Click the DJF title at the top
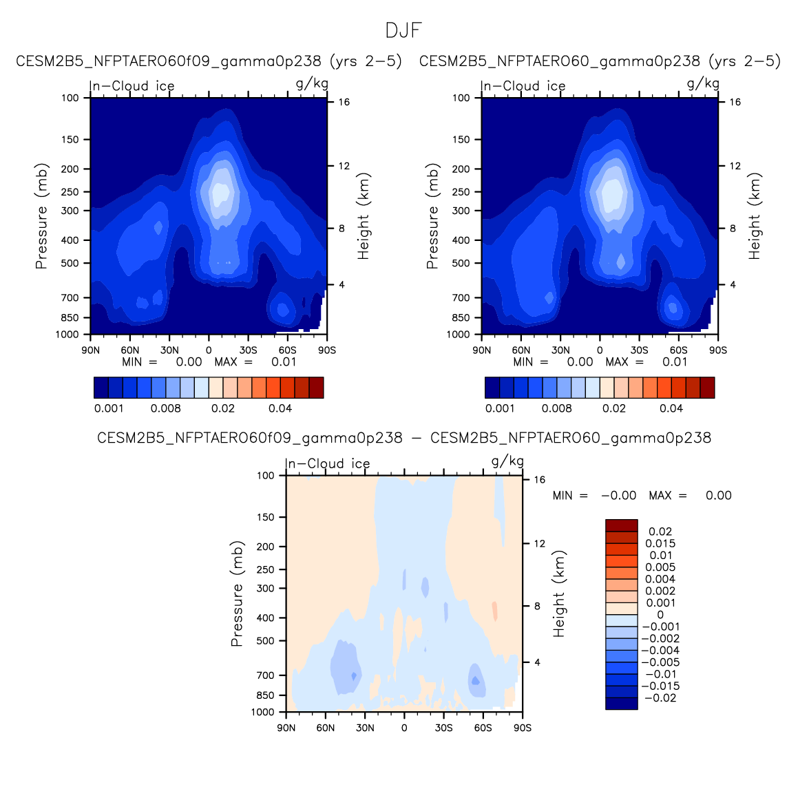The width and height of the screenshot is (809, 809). [403, 31]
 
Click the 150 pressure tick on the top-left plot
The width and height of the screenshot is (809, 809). [72, 140]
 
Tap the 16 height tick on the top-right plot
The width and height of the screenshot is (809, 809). [735, 103]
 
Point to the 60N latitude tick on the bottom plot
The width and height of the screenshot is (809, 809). [326, 728]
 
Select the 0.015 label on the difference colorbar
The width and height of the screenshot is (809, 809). [660, 544]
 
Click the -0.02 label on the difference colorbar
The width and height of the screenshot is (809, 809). [660, 698]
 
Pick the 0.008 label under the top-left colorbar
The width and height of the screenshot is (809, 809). [166, 408]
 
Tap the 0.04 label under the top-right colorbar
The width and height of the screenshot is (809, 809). [671, 408]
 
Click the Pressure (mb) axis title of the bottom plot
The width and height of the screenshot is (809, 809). [237, 593]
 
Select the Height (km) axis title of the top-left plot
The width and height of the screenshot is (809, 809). [364, 216]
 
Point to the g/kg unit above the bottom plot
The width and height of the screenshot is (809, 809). [507, 461]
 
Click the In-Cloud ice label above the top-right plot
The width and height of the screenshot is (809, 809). [523, 86]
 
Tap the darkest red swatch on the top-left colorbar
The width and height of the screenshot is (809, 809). [316, 388]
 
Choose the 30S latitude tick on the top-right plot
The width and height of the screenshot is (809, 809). [639, 350]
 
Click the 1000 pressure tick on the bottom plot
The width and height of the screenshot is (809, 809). [263, 713]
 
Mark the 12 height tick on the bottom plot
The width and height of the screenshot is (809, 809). [539, 544]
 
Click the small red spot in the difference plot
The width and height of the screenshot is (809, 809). [494, 610]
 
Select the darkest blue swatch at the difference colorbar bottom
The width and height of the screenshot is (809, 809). [621, 704]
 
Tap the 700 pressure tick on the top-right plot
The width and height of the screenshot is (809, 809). [461, 298]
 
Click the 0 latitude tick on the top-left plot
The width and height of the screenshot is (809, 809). [209, 350]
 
